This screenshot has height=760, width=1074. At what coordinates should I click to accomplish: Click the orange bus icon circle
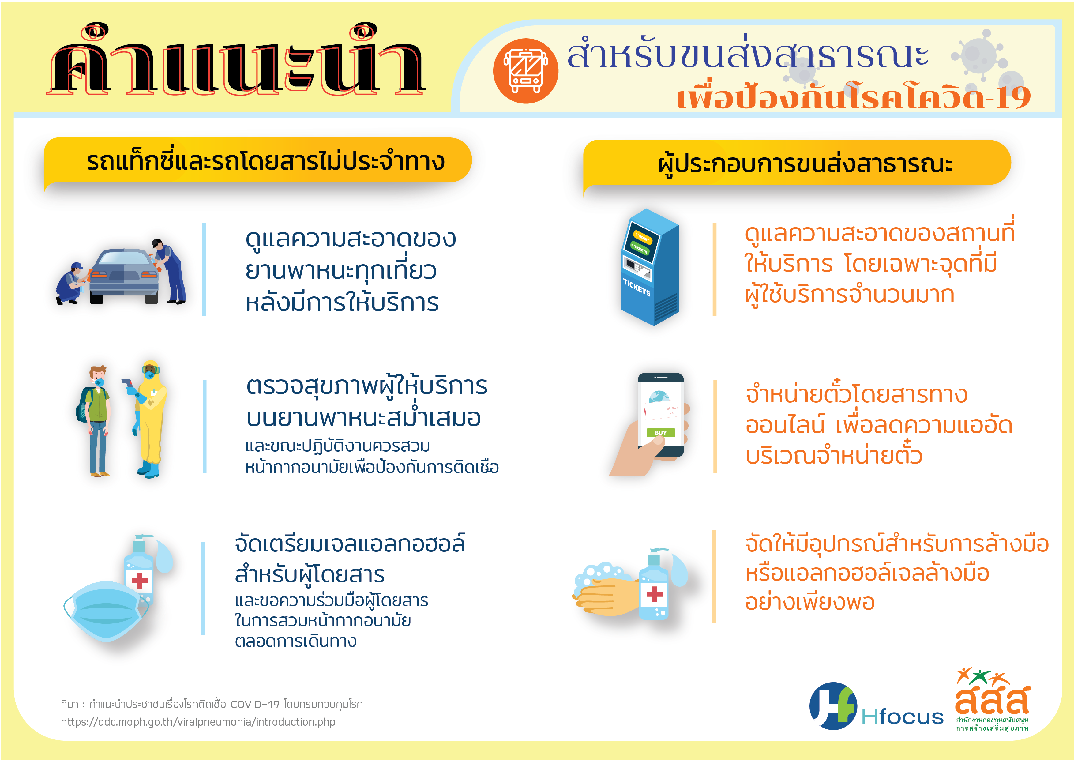point(525,71)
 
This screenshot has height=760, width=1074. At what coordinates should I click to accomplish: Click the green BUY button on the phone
point(660,432)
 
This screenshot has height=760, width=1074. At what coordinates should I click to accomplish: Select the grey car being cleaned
point(124,276)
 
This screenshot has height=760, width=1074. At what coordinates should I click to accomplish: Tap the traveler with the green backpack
point(96,421)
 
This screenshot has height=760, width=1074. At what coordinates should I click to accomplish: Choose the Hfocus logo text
point(902,717)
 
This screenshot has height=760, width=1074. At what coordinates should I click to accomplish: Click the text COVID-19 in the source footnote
point(255,704)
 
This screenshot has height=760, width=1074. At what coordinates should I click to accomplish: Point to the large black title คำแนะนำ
point(236,61)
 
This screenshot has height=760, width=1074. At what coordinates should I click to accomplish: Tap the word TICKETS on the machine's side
point(637,287)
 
